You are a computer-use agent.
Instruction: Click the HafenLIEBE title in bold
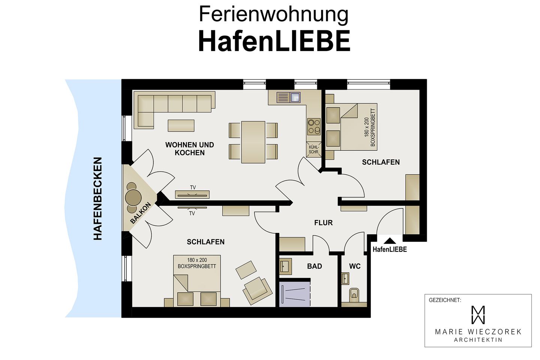[x=274, y=41]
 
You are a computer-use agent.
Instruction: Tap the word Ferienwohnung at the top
[x=273, y=14]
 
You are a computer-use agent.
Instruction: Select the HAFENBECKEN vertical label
[x=97, y=198]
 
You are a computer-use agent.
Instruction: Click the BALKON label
[x=141, y=213]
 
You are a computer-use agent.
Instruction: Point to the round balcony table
[x=133, y=196]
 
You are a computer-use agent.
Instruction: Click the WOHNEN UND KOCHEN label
[x=189, y=148]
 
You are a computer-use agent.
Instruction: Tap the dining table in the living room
[x=253, y=142]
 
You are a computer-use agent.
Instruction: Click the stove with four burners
[x=314, y=126]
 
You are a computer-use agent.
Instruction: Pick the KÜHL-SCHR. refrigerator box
[x=314, y=149]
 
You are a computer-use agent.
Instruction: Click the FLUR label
[x=323, y=223]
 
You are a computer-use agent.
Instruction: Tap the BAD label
[x=314, y=266]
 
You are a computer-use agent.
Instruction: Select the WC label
[x=355, y=266]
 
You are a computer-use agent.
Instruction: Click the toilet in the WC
[x=354, y=295]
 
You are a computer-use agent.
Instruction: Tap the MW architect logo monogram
[x=478, y=315]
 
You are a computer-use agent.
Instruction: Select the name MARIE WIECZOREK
[x=478, y=332]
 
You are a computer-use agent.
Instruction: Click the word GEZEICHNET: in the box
[x=445, y=300]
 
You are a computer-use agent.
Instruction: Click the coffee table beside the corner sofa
[x=181, y=125]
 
